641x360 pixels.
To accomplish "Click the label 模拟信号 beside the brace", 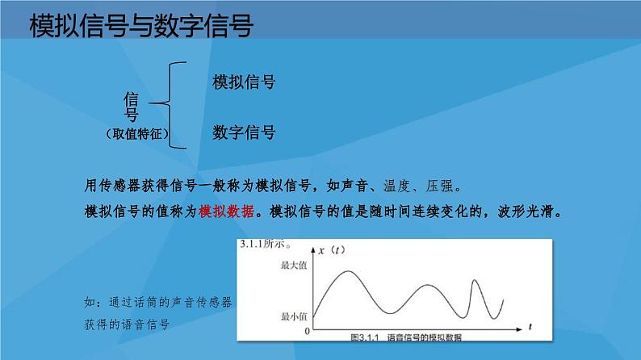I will tap(244, 82).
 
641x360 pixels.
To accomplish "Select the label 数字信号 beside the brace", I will tap(244, 132).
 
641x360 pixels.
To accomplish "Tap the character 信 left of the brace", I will tap(132, 98).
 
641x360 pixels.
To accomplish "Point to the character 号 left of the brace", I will tap(132, 115).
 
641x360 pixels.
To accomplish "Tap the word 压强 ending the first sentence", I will tap(445, 184).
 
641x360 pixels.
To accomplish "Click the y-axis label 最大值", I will tap(294, 266).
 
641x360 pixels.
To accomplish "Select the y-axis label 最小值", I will tap(294, 316).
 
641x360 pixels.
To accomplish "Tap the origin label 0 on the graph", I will tap(306, 331).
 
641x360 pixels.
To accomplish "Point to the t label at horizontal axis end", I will tap(530, 325).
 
